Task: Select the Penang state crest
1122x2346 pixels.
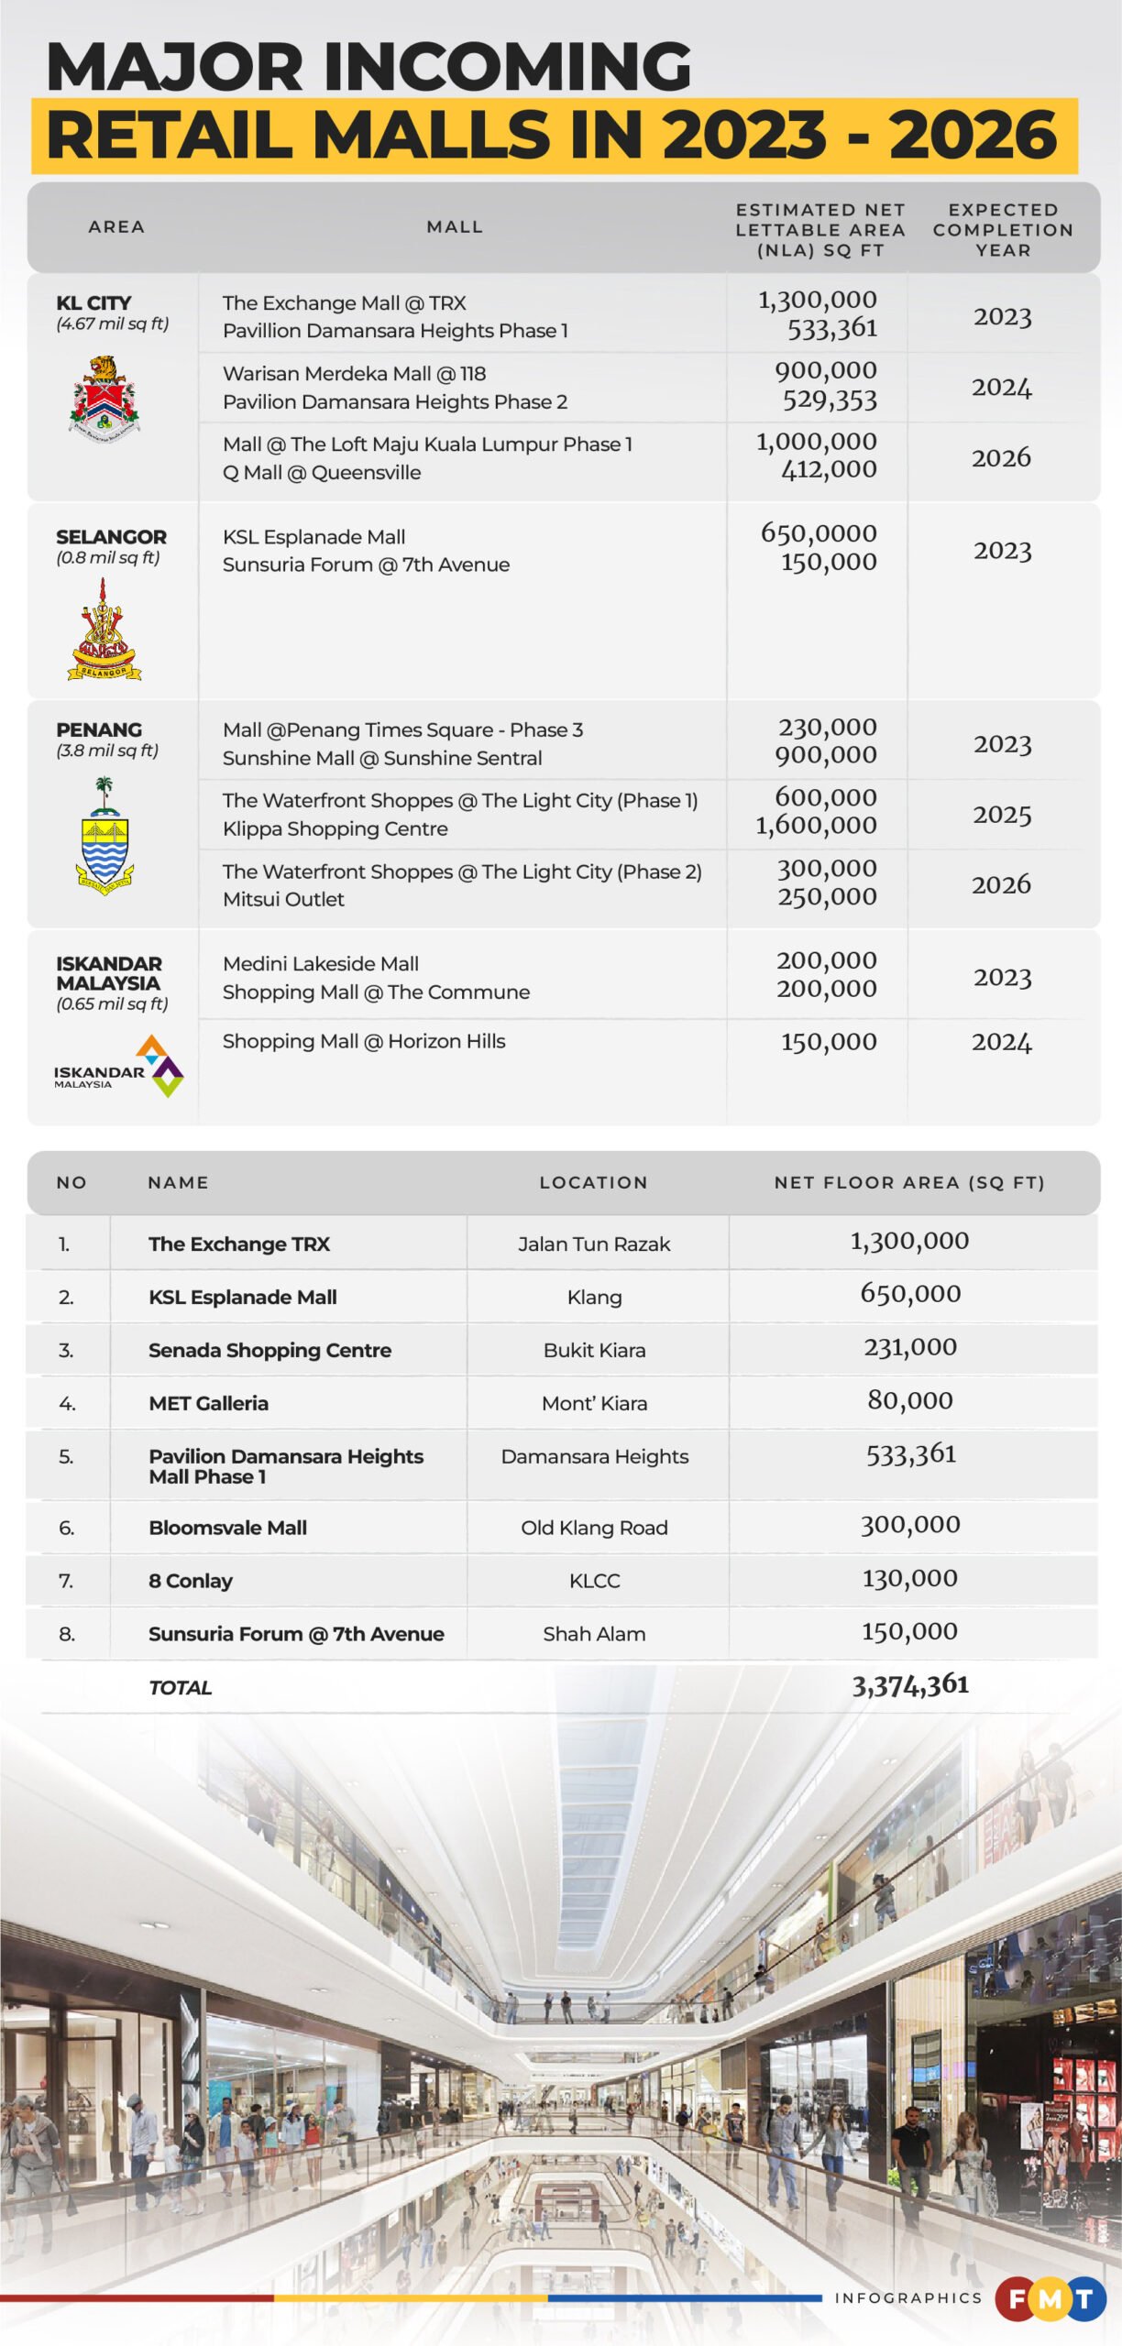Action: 104,837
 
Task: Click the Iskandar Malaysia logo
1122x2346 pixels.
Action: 119,1067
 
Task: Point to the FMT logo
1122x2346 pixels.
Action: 1050,2298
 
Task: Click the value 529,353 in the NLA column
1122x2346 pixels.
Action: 830,400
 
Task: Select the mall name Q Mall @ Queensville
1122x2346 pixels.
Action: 322,473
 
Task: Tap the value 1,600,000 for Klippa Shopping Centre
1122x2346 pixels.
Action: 816,826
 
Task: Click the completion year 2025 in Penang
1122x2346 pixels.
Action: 1002,815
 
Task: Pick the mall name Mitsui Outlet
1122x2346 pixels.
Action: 283,900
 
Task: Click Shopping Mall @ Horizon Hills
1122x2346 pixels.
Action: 364,1042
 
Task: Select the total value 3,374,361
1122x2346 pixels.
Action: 910,1685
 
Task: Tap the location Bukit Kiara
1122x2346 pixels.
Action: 594,1351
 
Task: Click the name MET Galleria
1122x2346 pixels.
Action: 209,1404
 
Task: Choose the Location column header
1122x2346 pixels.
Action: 593,1183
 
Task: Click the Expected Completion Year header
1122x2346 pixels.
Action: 1003,230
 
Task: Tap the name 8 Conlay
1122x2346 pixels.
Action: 191,1581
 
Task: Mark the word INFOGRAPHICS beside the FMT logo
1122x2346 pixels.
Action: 907,2298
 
